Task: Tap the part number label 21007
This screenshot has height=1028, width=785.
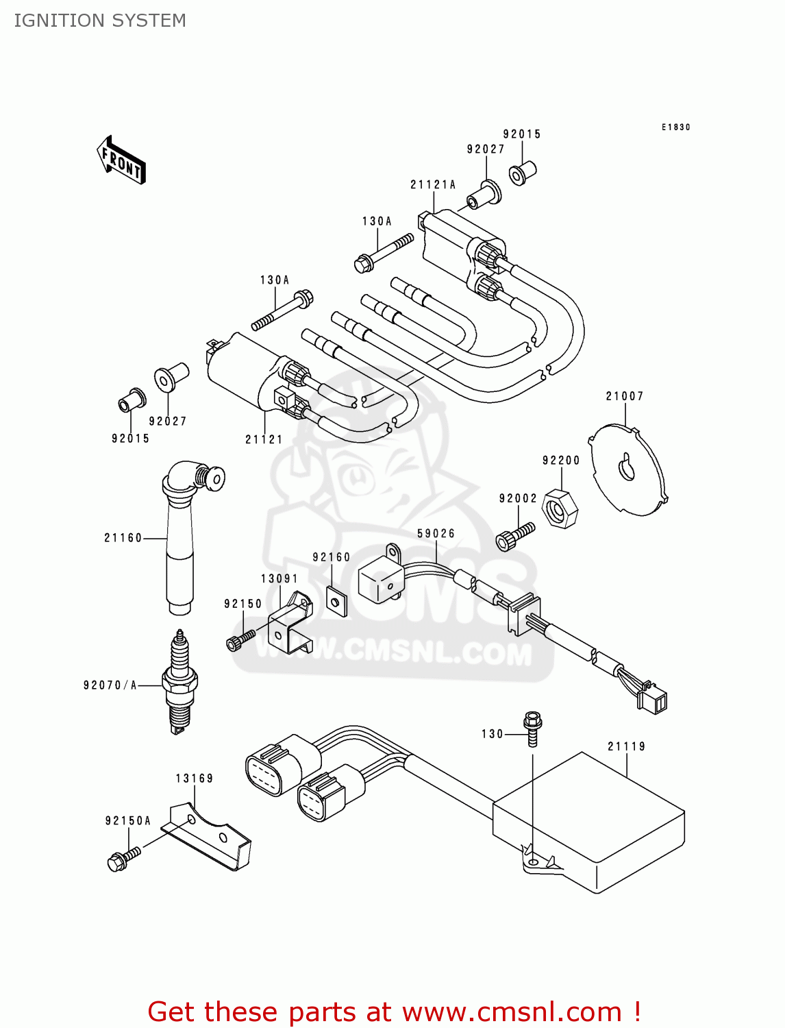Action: point(624,396)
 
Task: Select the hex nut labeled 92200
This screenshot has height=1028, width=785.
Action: point(560,509)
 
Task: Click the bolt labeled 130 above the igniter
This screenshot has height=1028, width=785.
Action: point(532,728)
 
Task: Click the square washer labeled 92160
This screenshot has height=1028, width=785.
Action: point(336,602)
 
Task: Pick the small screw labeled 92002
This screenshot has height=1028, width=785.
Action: point(514,537)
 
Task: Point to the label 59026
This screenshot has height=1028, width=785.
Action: point(436,533)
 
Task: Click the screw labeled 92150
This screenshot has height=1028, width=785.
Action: point(240,639)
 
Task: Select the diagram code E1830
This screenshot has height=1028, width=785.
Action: point(675,127)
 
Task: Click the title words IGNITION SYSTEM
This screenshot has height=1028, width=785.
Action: point(100,21)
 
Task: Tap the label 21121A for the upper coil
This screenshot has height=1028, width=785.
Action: point(433,184)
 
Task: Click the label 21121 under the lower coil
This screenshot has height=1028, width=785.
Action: point(264,439)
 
